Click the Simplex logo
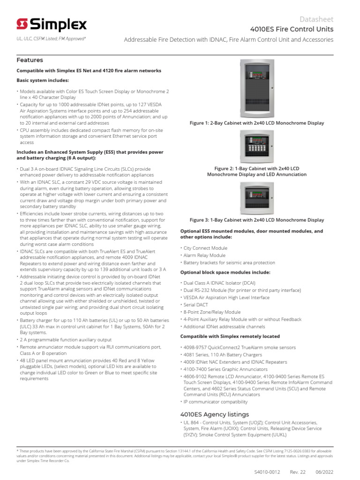[52, 24]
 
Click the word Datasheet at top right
[316, 19]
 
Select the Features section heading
[30, 60]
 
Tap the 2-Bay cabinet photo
[256, 88]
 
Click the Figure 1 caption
[256, 123]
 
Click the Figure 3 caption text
[256, 219]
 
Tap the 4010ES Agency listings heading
[214, 414]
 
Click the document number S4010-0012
[267, 471]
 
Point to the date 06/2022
[324, 471]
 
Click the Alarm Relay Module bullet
[204, 255]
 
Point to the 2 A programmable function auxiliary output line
[66, 339]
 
